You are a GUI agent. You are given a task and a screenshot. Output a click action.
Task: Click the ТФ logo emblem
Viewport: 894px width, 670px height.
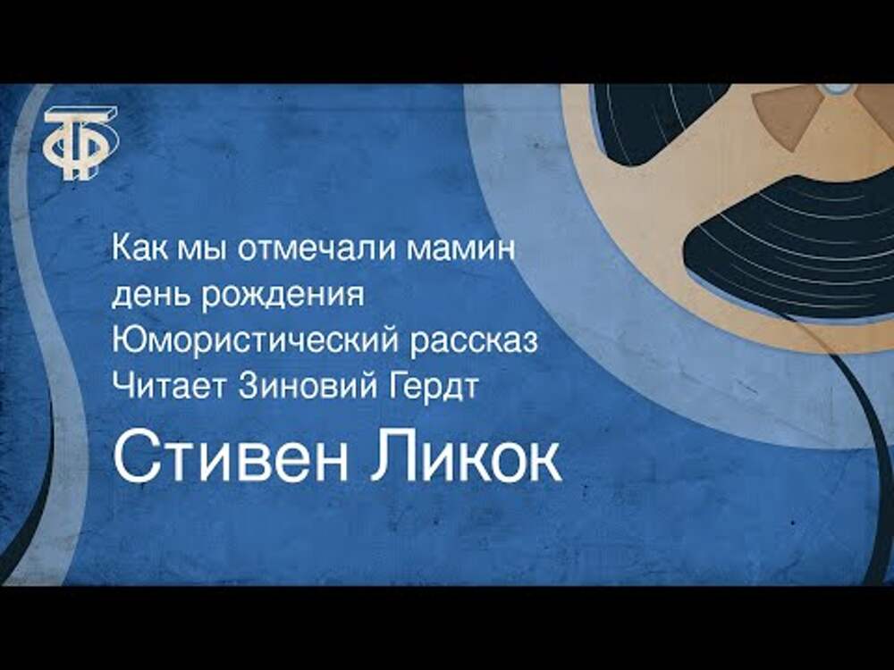(x=81, y=143)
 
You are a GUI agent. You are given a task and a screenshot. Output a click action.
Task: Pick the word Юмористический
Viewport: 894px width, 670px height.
(x=256, y=342)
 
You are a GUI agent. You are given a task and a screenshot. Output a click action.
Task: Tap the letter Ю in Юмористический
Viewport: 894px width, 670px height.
(x=127, y=341)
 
